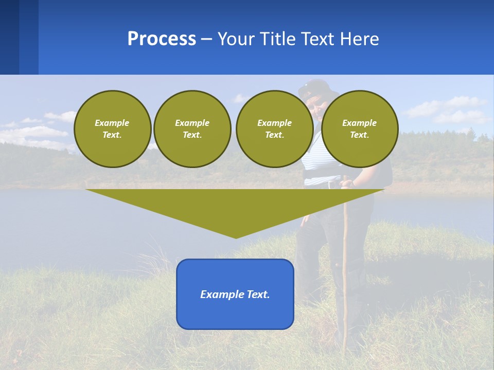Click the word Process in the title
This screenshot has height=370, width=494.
coord(162,39)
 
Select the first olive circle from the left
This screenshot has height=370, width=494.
coord(112,128)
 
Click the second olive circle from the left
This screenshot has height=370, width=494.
coord(192,128)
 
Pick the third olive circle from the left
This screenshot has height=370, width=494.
coord(274,128)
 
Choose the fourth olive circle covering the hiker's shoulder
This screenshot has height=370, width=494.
coord(359,128)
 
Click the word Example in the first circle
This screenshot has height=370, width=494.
coord(112,123)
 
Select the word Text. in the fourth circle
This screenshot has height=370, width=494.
coord(359,135)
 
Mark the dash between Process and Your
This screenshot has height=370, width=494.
coord(207,39)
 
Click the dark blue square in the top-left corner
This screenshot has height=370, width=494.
coord(9,37)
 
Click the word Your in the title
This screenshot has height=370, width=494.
coord(237,39)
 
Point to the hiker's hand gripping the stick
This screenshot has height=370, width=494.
coord(348,183)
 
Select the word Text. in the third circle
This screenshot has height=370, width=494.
coord(274,135)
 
